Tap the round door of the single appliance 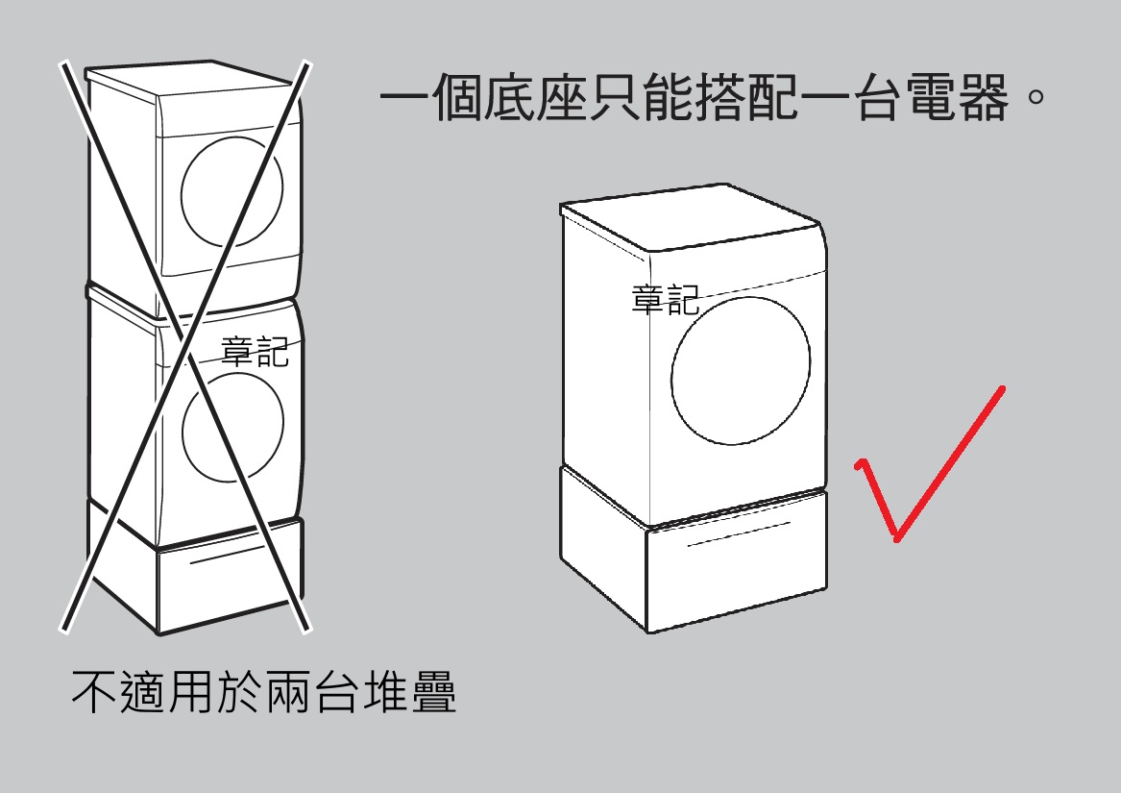(740, 370)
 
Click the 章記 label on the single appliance (665, 300)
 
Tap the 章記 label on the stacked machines (255, 351)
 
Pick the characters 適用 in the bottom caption (178, 692)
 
